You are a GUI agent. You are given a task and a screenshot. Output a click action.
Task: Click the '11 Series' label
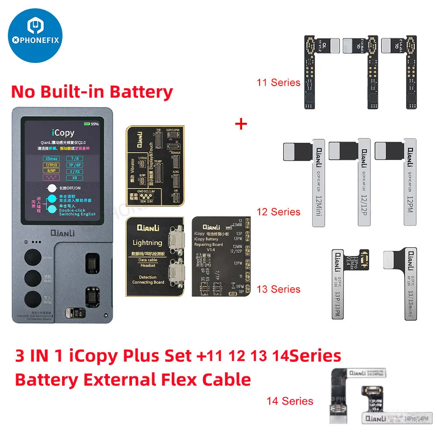pyautogui.click(x=279, y=82)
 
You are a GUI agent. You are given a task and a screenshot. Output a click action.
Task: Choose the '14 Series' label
pyautogui.click(x=290, y=401)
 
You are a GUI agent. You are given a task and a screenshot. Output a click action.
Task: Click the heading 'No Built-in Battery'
pyautogui.click(x=92, y=92)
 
